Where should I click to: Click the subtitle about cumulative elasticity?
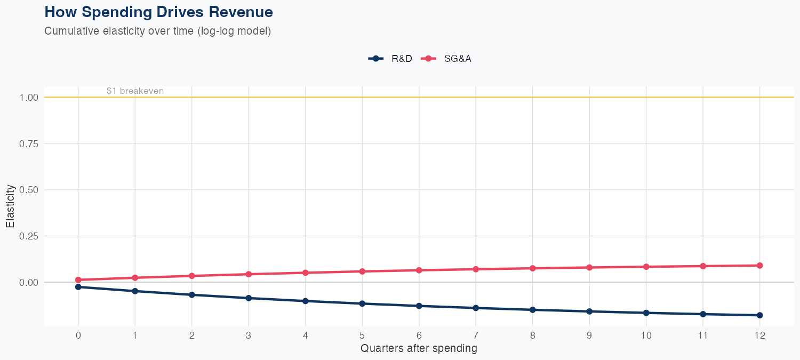(158, 31)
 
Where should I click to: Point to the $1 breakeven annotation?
(135, 91)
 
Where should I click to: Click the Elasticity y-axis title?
(10, 206)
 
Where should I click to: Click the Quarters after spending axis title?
(419, 349)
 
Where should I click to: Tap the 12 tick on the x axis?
(759, 335)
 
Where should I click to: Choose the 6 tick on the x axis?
(419, 335)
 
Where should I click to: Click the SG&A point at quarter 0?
(78, 280)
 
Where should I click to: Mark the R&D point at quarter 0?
(78, 287)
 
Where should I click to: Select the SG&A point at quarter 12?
(759, 266)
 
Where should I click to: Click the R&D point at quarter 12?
(759, 315)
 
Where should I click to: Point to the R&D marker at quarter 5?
(362, 303)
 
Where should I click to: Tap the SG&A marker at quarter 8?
(532, 268)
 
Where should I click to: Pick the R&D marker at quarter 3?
(249, 298)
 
